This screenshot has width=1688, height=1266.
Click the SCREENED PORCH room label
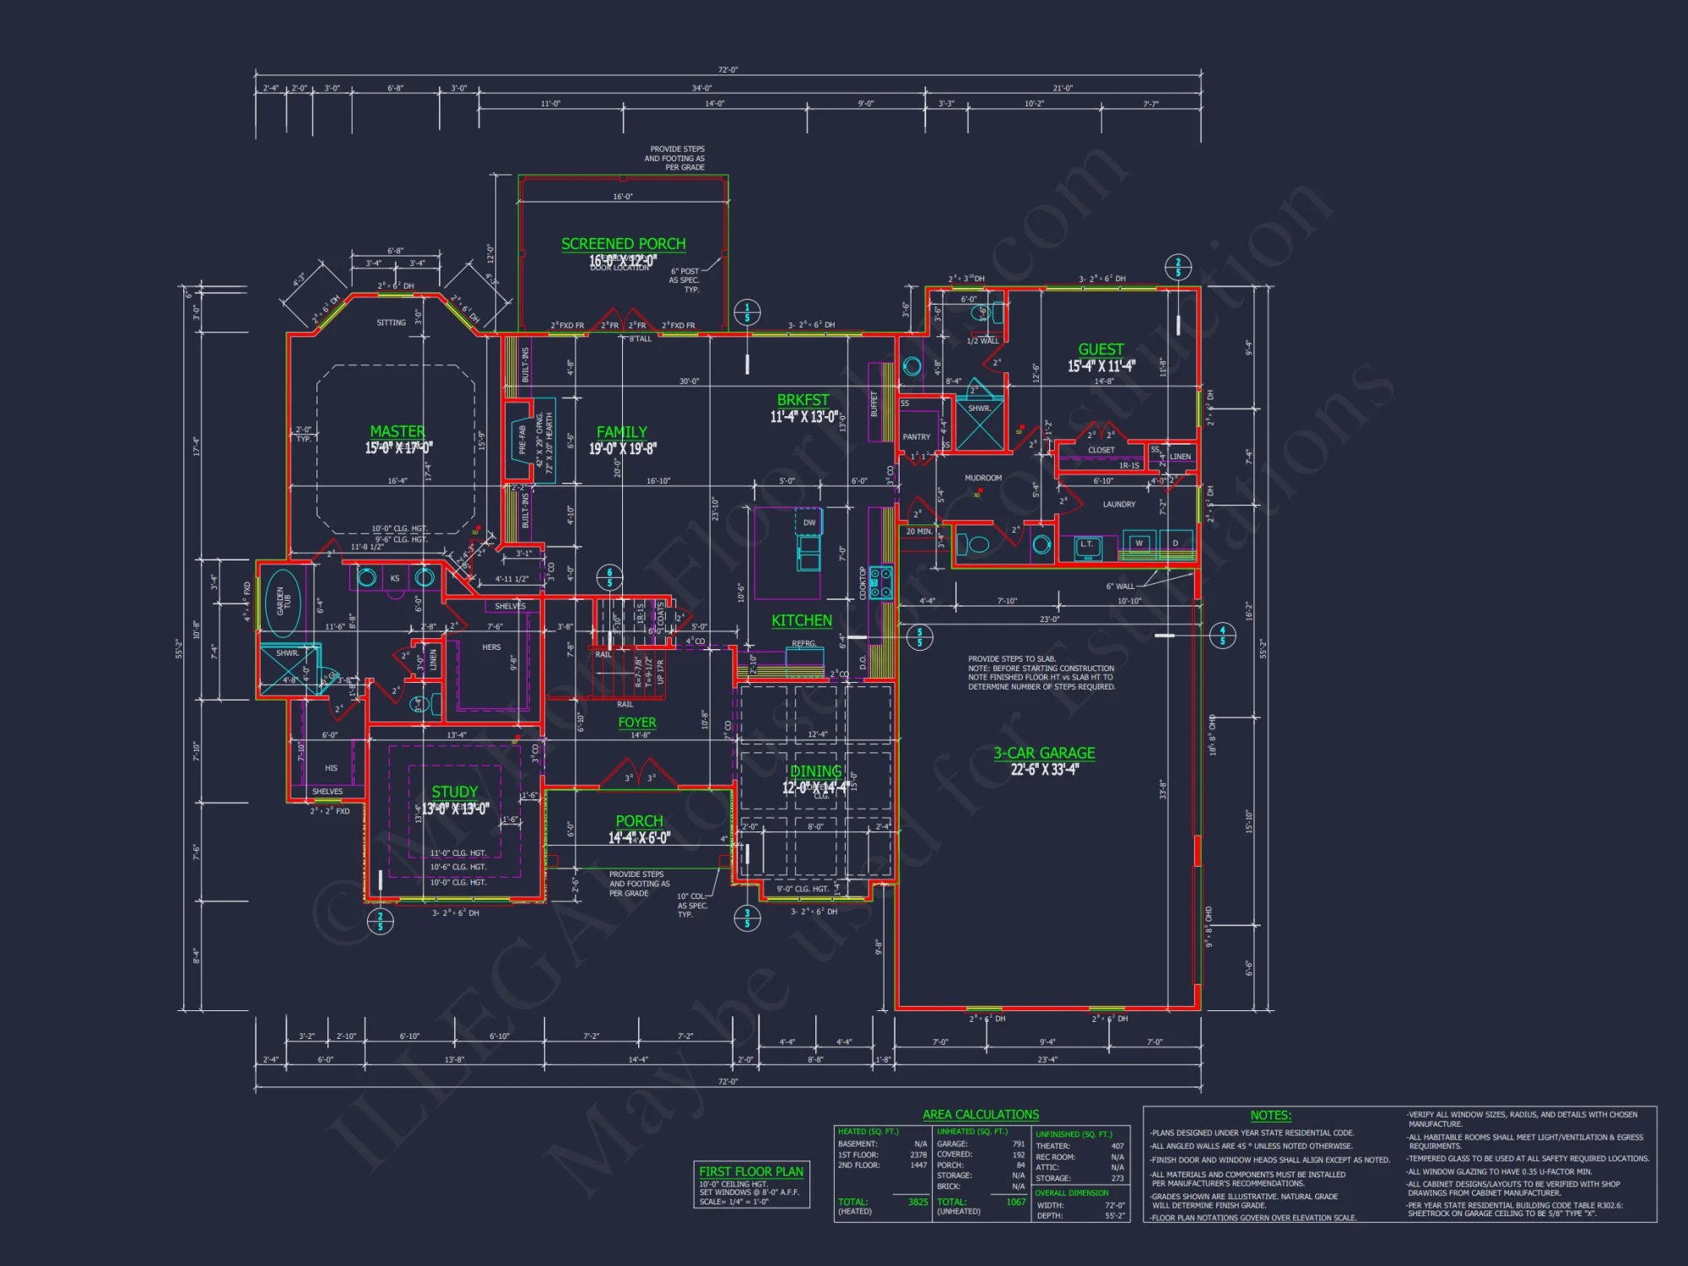pyautogui.click(x=623, y=244)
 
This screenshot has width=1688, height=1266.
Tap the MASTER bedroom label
pyautogui.click(x=398, y=431)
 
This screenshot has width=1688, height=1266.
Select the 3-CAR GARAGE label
pyautogui.click(x=1044, y=753)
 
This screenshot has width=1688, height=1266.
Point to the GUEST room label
pyautogui.click(x=1101, y=349)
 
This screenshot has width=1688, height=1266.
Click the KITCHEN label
pyautogui.click(x=801, y=620)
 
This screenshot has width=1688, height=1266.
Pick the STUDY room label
pyautogui.click(x=454, y=792)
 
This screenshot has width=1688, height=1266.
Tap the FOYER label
pyautogui.click(x=636, y=722)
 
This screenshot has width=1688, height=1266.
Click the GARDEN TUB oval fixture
pyautogui.click(x=283, y=602)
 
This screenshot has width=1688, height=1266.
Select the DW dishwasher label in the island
pyautogui.click(x=809, y=522)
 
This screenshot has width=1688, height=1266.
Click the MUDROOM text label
pyautogui.click(x=983, y=479)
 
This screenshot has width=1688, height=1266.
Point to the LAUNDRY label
pyautogui.click(x=1118, y=505)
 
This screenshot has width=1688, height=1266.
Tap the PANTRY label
pyautogui.click(x=916, y=437)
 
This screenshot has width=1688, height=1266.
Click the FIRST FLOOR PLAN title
pyautogui.click(x=751, y=1171)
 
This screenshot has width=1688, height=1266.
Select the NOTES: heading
pyautogui.click(x=1270, y=1115)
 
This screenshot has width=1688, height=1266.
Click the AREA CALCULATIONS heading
pyautogui.click(x=981, y=1115)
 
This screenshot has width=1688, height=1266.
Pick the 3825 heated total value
pyautogui.click(x=917, y=1202)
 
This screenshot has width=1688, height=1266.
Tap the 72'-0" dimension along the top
pyautogui.click(x=728, y=70)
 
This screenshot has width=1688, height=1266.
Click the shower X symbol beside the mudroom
pyautogui.click(x=980, y=426)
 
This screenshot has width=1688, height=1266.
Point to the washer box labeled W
pyautogui.click(x=1139, y=544)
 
